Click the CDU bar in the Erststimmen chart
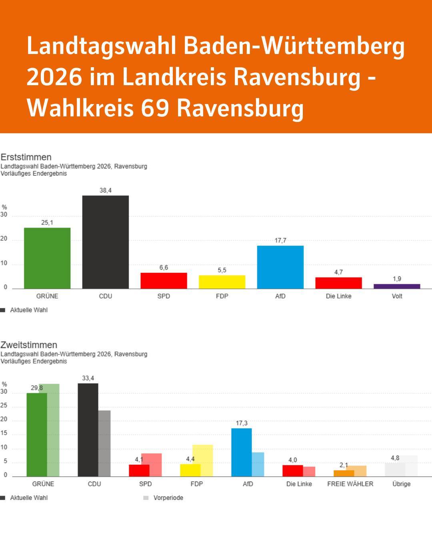(x=106, y=242)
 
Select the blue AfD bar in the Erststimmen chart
(x=280, y=267)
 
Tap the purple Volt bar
(x=397, y=286)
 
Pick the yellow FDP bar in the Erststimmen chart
(x=222, y=282)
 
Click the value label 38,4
(x=106, y=190)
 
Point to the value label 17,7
(x=280, y=240)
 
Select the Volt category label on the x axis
(x=397, y=296)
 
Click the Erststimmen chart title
(x=26, y=157)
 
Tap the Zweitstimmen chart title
(x=29, y=345)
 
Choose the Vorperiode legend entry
(x=168, y=498)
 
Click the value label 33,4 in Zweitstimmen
(x=88, y=378)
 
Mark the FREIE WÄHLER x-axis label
(x=350, y=484)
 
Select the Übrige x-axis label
(x=401, y=484)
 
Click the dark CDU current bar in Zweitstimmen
(x=88, y=430)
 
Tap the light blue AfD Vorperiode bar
(x=258, y=464)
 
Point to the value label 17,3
(x=242, y=423)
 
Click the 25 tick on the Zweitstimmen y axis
(x=4, y=406)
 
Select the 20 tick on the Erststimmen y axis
(x=4, y=239)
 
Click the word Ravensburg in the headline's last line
(x=240, y=108)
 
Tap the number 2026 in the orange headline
(x=54, y=76)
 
